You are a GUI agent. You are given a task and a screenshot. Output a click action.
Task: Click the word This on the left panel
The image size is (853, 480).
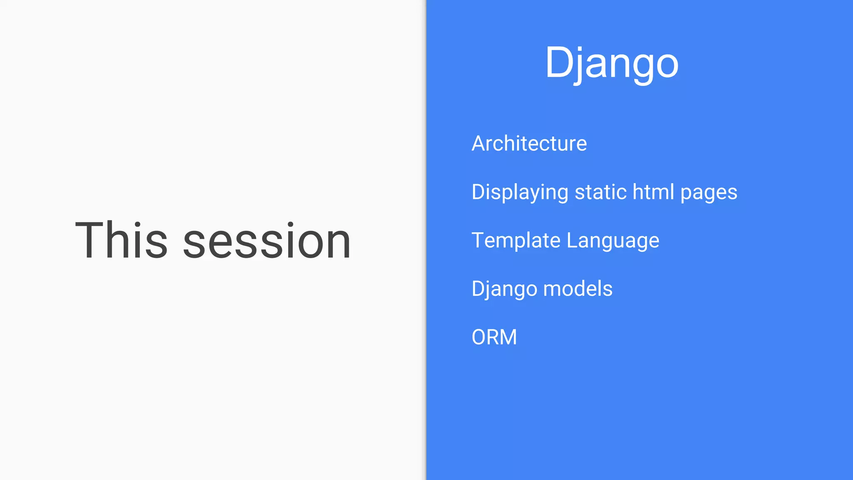pos(121,240)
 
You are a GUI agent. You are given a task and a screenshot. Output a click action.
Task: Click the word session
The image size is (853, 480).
pos(267,242)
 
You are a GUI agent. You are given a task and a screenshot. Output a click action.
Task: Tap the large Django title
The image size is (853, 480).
pos(611,63)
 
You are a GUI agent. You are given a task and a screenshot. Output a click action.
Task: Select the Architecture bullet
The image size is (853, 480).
pos(529,143)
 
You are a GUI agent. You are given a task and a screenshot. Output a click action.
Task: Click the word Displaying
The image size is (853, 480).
pos(520,192)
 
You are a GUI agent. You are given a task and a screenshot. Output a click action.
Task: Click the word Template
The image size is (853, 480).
pos(516,240)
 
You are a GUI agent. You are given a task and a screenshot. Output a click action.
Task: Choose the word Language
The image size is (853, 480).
pos(613,241)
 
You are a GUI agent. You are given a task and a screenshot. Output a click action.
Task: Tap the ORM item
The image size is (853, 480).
pos(494,337)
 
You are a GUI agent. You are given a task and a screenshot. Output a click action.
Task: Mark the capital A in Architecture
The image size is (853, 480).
pos(479,144)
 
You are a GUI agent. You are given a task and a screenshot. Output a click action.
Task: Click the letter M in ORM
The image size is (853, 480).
pos(508,337)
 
